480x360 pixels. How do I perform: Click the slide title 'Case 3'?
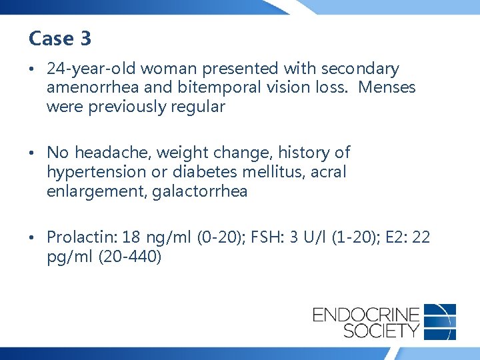(60, 39)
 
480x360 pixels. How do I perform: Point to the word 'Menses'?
(387, 87)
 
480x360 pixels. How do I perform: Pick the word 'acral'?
(329, 172)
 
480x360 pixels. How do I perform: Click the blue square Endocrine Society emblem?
(439, 321)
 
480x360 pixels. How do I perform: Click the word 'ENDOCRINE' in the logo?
(366, 313)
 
